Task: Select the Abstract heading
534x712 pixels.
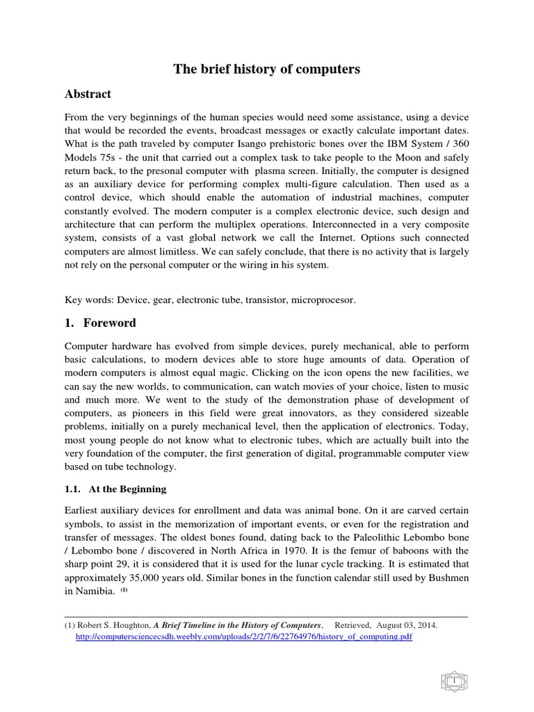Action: (88, 94)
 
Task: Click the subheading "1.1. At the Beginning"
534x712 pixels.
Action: (115, 489)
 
